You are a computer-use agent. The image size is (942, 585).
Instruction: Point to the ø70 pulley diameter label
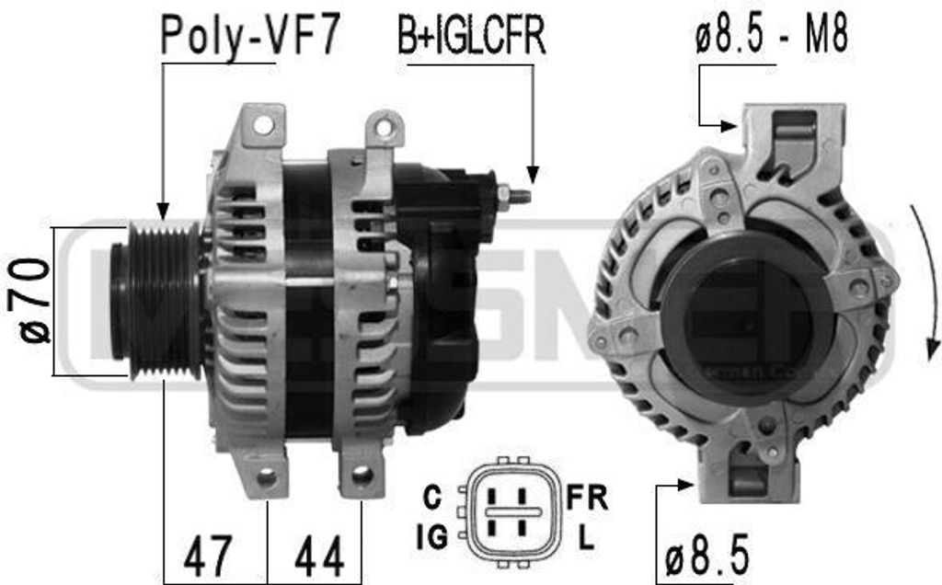35,301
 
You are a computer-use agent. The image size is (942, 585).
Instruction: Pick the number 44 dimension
317,556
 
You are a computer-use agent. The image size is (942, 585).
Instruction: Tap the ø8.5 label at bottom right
706,556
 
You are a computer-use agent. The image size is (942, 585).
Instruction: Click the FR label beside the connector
587,498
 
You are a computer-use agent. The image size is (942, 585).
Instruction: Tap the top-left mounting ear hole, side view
264,125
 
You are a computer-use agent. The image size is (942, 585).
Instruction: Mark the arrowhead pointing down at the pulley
162,211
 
